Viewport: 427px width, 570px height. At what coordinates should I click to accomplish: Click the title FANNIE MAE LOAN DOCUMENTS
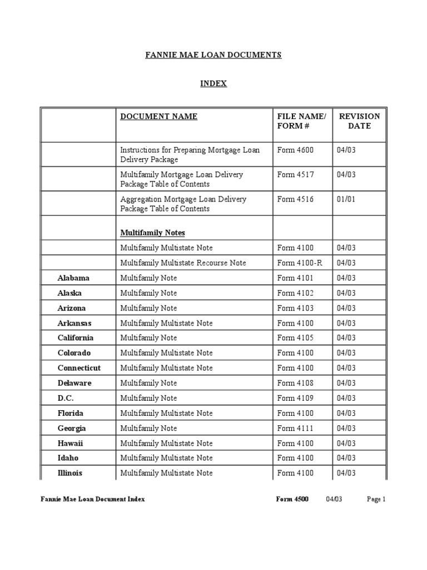click(x=213, y=55)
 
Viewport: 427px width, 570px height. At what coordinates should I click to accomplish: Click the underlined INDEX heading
click(x=213, y=83)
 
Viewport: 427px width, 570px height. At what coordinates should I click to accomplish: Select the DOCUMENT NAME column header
click(x=159, y=116)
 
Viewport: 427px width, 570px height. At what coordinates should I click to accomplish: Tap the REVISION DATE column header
click(x=359, y=121)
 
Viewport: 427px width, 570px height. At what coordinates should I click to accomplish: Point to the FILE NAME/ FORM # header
click(x=301, y=121)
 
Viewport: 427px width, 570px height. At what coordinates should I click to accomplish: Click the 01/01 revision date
click(x=345, y=199)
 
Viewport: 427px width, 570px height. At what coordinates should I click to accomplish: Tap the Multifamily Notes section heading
click(x=153, y=232)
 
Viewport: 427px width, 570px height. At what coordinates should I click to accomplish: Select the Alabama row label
click(x=73, y=278)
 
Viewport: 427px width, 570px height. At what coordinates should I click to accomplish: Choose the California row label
click(x=76, y=338)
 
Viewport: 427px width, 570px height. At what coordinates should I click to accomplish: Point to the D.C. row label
click(x=66, y=398)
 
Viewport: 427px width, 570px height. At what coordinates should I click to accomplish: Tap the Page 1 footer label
click(x=376, y=499)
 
